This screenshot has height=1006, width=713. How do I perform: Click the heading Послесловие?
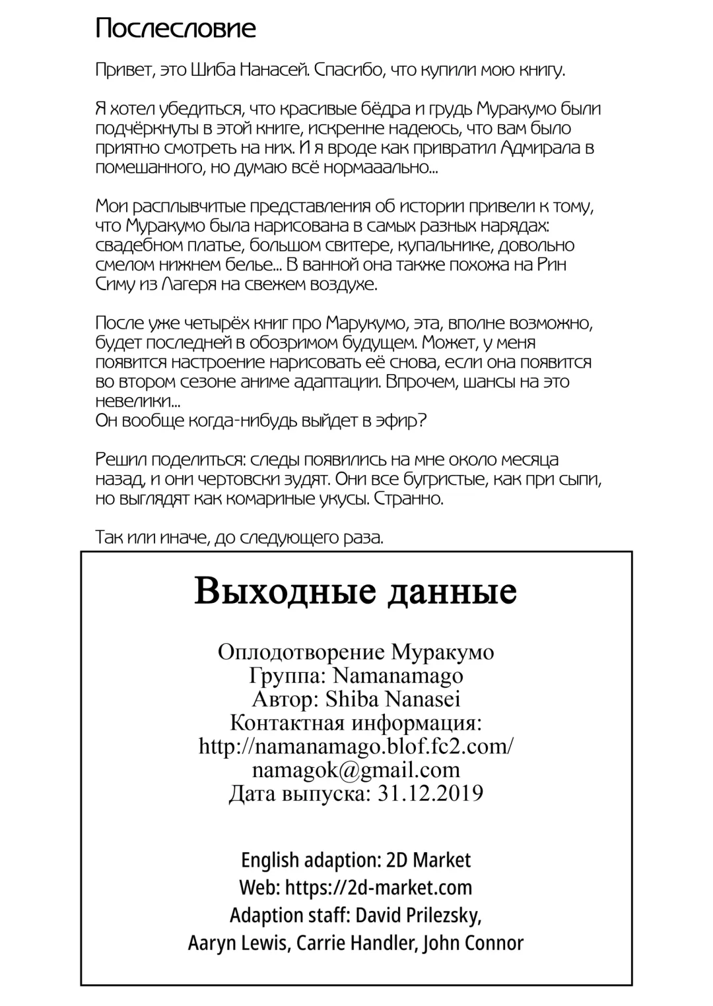pyautogui.click(x=176, y=29)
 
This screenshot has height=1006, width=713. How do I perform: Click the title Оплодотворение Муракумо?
pyautogui.click(x=356, y=652)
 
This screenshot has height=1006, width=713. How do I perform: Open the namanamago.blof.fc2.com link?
pyautogui.click(x=356, y=746)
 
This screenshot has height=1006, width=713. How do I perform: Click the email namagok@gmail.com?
pyautogui.click(x=356, y=770)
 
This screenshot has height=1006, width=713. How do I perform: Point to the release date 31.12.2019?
pyautogui.click(x=430, y=793)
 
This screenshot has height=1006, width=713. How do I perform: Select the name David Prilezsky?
pyautogui.click(x=417, y=915)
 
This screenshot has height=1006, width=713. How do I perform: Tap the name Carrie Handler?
pyautogui.click(x=355, y=943)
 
